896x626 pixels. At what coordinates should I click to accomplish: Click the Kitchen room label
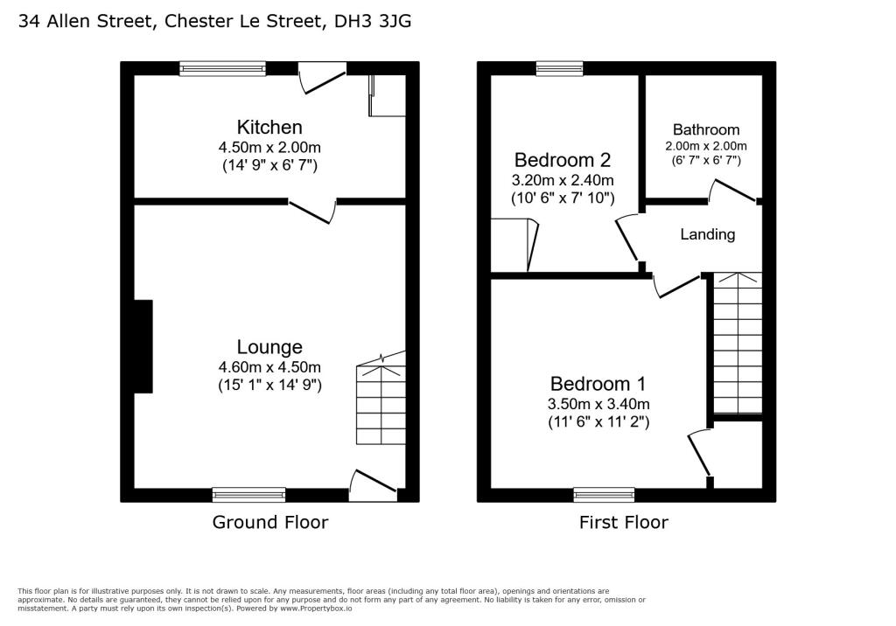click(270, 128)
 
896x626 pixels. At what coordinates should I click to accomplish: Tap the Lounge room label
click(269, 347)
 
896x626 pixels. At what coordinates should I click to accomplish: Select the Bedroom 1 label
click(598, 384)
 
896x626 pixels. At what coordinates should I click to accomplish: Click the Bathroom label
click(706, 129)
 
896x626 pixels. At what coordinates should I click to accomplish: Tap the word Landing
click(708, 234)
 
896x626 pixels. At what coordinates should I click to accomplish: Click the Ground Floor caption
click(270, 522)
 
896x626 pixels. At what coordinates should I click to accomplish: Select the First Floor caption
click(623, 522)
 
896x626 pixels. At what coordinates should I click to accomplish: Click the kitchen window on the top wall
click(222, 68)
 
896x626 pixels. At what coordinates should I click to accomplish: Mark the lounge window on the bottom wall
click(248, 495)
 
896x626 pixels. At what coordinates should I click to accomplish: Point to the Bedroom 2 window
click(559, 68)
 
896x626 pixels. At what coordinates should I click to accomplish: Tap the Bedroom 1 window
click(604, 495)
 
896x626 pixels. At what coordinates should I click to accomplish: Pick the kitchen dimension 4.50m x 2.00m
click(270, 147)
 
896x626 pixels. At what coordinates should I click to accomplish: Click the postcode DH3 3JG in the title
click(373, 20)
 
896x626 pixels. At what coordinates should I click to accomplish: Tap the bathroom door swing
click(732, 191)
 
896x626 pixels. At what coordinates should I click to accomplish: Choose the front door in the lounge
click(374, 484)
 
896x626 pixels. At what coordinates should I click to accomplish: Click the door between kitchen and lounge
click(313, 211)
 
